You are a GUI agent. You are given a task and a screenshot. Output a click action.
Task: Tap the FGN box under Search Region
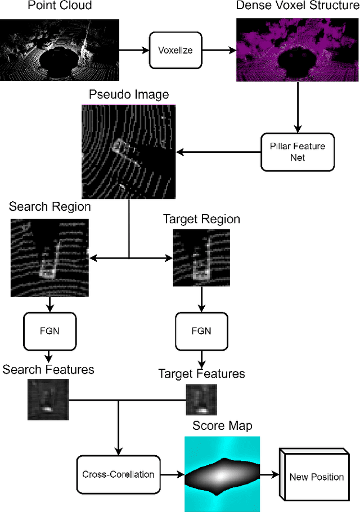click(49, 330)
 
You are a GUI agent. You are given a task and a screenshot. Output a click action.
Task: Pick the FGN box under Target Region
click(201, 331)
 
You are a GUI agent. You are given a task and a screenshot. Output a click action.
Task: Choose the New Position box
click(316, 476)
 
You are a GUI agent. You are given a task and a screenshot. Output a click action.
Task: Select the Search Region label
click(49, 207)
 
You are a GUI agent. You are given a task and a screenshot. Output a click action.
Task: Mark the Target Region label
click(201, 219)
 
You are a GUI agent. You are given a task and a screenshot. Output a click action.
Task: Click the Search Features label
click(48, 369)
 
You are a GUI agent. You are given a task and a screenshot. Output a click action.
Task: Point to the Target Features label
click(201, 374)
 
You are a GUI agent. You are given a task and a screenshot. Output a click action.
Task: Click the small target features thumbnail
click(201, 400)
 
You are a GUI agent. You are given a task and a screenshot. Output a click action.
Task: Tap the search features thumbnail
click(48, 399)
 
